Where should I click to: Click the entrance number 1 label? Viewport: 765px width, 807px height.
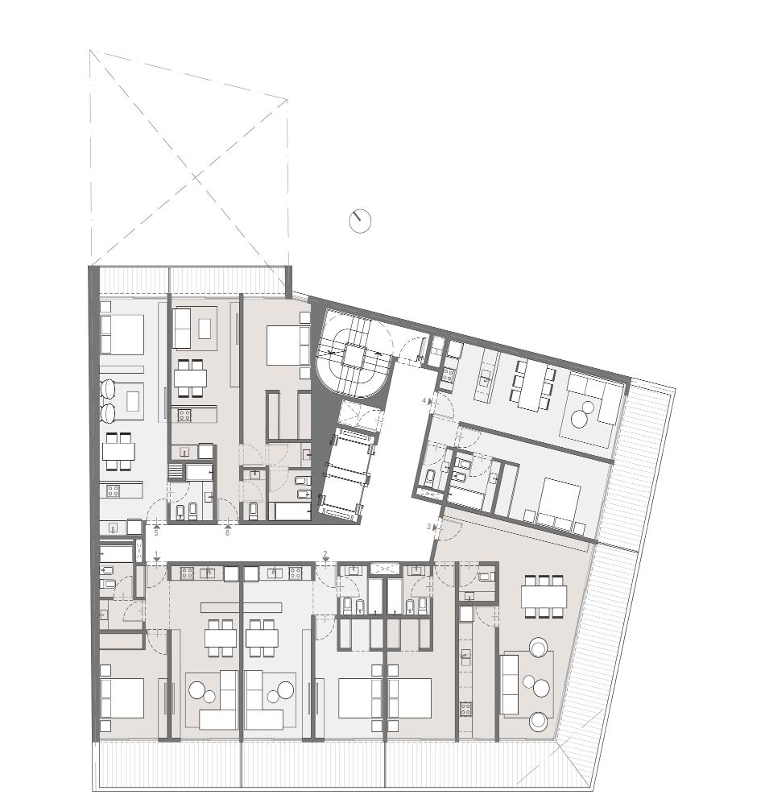(157, 554)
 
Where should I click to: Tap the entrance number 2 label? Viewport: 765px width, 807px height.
(325, 554)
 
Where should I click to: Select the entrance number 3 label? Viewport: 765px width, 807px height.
(428, 527)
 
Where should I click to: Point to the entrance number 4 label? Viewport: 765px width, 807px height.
(424, 400)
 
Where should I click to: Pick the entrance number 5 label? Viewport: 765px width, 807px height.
(156, 533)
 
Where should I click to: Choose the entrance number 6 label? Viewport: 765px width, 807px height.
(227, 533)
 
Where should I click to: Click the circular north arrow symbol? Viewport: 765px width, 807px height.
(360, 221)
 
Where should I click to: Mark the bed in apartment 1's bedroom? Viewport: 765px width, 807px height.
(122, 698)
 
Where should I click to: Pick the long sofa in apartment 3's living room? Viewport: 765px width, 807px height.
(511, 684)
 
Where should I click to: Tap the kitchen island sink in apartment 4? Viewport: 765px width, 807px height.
(485, 380)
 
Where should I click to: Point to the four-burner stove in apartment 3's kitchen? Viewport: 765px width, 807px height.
(465, 709)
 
